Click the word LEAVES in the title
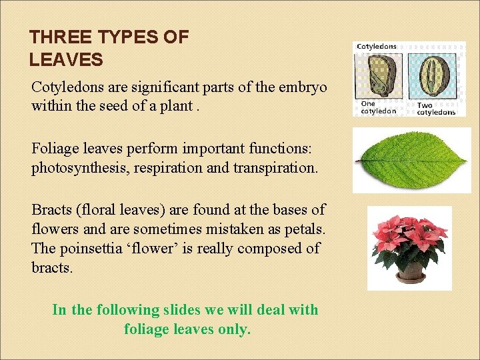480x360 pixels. click(x=66, y=61)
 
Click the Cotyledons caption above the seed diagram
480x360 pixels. click(x=377, y=47)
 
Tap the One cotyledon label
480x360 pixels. click(x=377, y=108)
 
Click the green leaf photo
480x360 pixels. click(x=411, y=160)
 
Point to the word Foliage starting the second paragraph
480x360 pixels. click(x=55, y=149)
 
